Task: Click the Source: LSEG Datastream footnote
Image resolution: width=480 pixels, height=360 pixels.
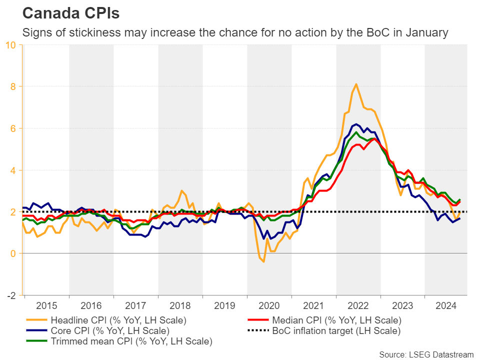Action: point(426,354)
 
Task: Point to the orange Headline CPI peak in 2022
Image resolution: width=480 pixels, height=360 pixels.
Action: point(355,84)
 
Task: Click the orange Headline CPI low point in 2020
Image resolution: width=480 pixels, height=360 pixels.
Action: point(263,261)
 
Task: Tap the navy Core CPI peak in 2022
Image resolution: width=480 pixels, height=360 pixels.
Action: point(355,124)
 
